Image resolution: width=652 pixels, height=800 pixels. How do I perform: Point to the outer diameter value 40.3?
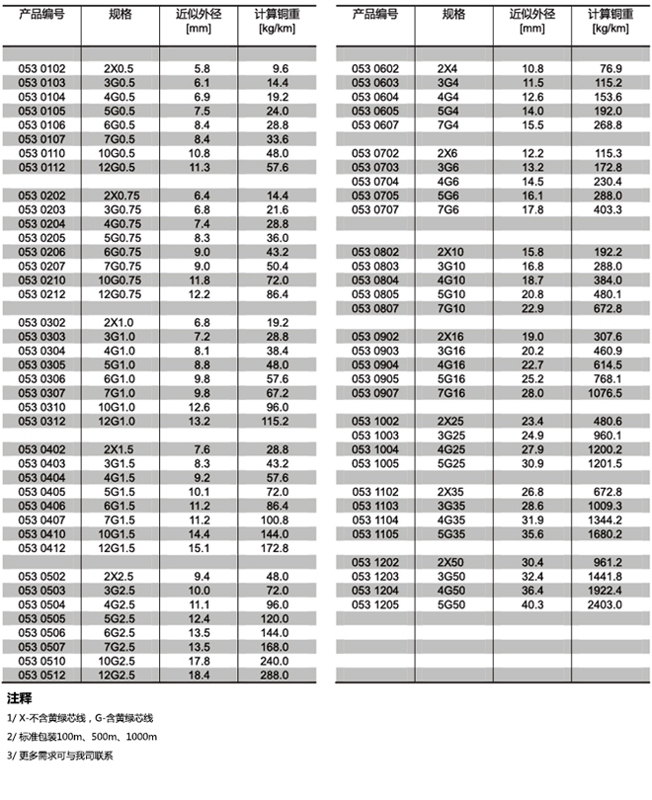point(532,604)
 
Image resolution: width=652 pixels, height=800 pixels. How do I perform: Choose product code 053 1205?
point(374,604)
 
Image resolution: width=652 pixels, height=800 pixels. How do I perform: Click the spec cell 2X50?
point(453,562)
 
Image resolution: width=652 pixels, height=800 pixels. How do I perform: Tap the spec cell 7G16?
point(453,393)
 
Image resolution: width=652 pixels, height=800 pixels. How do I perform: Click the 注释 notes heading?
point(20,698)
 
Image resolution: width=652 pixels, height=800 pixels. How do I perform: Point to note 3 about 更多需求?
point(60,756)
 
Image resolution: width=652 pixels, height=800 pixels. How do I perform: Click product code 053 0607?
point(374,125)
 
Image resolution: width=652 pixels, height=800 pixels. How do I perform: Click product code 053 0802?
point(374,252)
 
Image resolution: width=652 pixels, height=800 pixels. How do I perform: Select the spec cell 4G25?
point(453,449)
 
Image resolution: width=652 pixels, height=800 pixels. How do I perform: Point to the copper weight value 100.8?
point(273,520)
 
